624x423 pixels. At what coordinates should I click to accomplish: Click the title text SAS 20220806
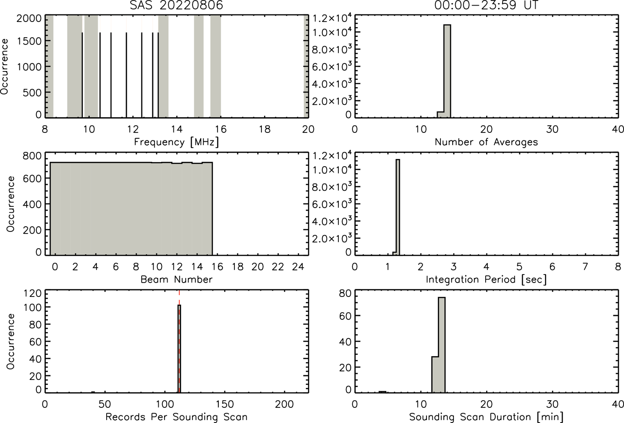(x=176, y=5)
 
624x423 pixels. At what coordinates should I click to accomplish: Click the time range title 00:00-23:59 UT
(x=486, y=5)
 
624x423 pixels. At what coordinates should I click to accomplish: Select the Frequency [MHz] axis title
(x=176, y=142)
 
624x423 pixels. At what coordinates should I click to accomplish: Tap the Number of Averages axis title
(x=486, y=142)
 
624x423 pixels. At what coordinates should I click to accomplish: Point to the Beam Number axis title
(x=176, y=279)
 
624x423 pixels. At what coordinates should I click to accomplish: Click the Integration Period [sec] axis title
(x=486, y=279)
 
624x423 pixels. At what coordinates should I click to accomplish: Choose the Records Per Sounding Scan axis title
(x=176, y=417)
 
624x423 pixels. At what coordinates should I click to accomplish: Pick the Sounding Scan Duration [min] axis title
(x=486, y=417)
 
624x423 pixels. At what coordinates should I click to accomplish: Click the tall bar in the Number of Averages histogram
(x=447, y=71)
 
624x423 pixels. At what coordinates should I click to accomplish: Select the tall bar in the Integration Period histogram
(x=398, y=207)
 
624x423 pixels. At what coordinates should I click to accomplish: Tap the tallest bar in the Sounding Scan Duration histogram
(x=442, y=345)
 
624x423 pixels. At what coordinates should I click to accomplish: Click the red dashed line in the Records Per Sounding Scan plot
(x=179, y=341)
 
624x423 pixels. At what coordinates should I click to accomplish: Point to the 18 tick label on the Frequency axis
(x=264, y=129)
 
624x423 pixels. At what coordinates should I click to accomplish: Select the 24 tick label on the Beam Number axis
(x=298, y=267)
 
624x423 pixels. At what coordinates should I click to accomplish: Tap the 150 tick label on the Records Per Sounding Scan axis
(x=225, y=404)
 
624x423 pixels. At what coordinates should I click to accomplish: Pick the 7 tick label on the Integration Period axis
(x=585, y=267)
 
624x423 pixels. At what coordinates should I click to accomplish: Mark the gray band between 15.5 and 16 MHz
(x=215, y=66)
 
